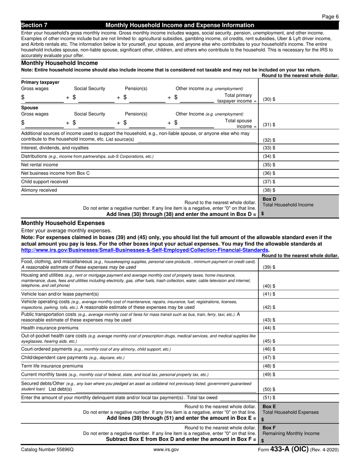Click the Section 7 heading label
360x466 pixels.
(x=34, y=25)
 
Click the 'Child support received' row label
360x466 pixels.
(x=45, y=182)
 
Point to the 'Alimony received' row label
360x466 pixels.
(x=39, y=190)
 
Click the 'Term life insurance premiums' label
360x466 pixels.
(x=52, y=366)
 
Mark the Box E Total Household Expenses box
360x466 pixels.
(x=299, y=413)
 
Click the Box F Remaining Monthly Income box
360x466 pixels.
(x=299, y=434)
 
